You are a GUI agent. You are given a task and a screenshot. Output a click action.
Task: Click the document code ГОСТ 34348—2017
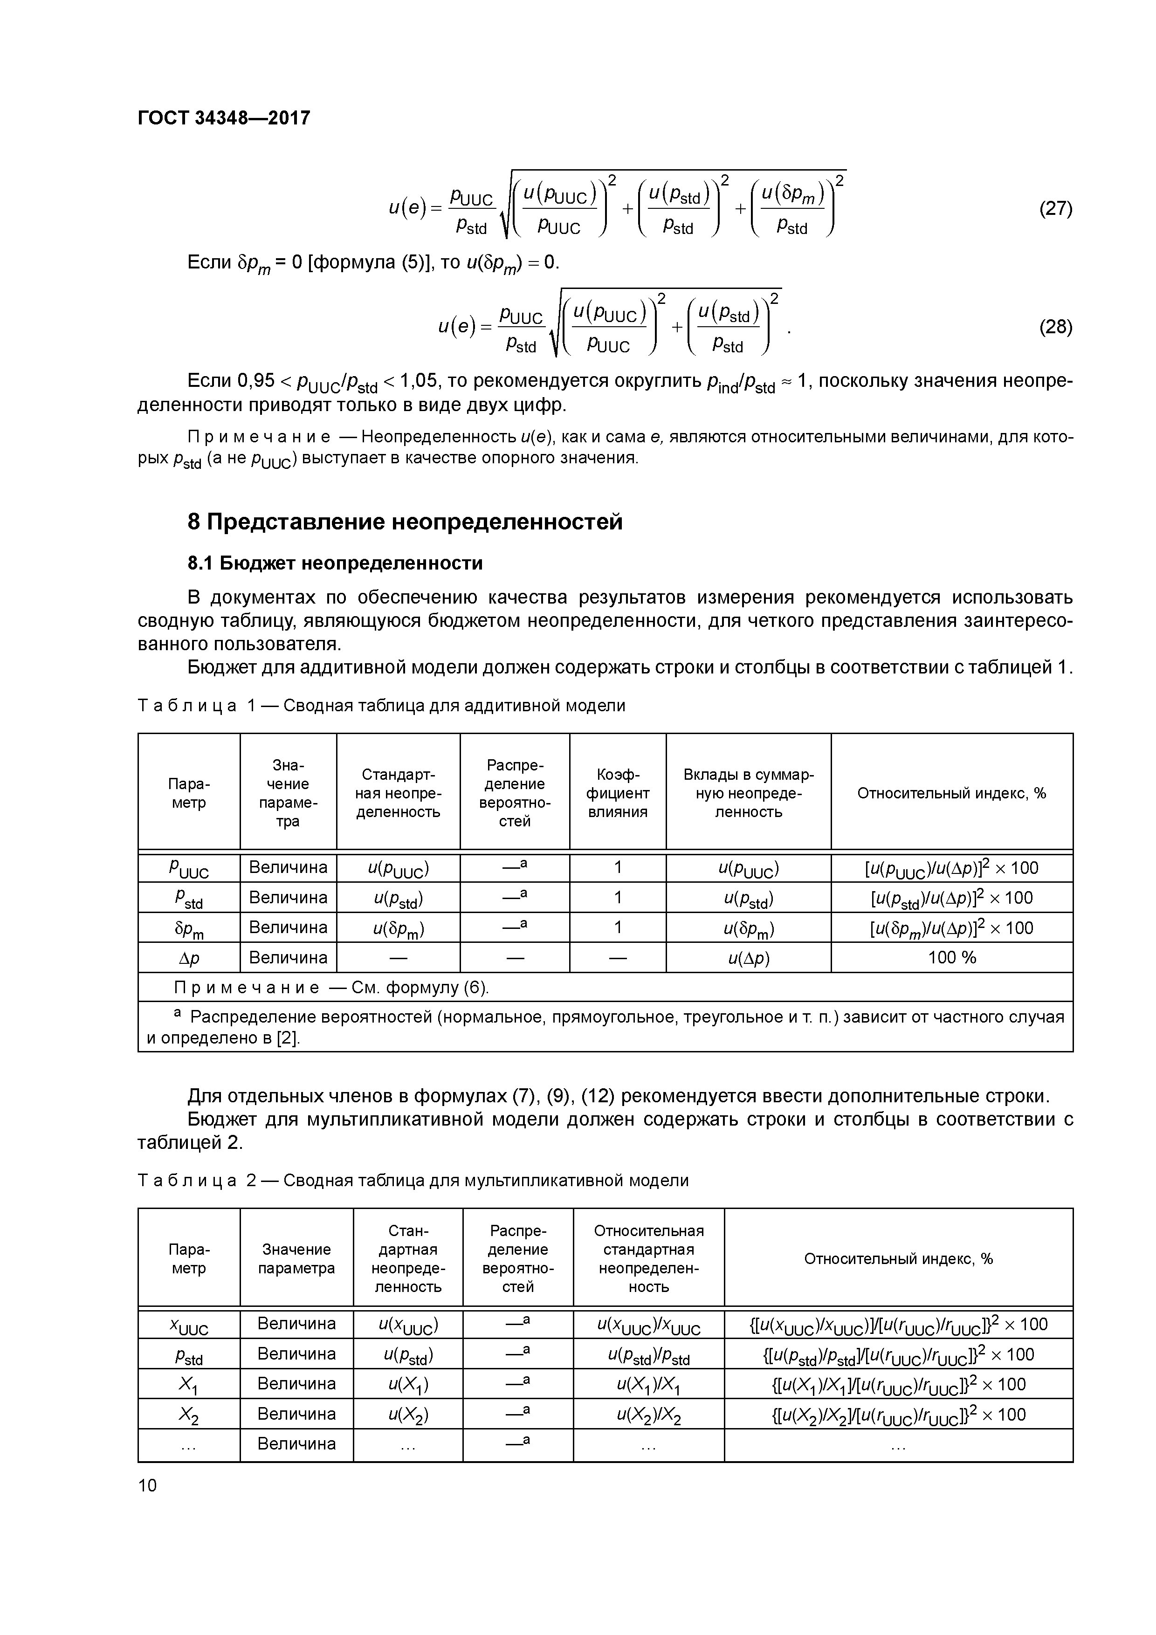[x=224, y=117]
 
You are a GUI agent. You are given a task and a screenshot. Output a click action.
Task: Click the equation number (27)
[x=1056, y=209]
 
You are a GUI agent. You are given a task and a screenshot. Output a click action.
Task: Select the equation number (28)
[x=1056, y=327]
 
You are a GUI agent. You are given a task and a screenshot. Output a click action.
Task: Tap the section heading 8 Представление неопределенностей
[x=405, y=522]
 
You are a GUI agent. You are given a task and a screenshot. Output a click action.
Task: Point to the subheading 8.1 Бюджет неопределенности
[x=335, y=563]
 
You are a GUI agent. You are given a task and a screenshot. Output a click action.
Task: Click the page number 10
[x=147, y=1485]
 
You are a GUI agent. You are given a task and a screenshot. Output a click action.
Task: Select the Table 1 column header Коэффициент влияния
[x=618, y=793]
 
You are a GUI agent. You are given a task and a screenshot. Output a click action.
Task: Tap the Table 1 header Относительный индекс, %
[x=951, y=793]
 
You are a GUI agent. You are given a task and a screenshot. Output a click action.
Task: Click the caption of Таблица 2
[x=413, y=1181]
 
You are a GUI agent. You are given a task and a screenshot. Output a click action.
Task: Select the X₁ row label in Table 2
[x=189, y=1384]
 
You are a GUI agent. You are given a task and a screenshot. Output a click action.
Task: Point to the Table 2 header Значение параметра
[x=296, y=1259]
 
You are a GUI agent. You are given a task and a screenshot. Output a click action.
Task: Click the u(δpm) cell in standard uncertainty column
[x=398, y=928]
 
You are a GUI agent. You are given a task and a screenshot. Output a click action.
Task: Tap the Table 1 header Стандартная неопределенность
[x=398, y=793]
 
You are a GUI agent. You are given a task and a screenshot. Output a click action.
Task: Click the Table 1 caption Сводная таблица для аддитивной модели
[x=454, y=706]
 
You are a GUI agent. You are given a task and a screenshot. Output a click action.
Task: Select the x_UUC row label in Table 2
[x=189, y=1325]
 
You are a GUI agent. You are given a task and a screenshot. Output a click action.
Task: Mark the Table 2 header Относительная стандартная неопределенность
[x=648, y=1259]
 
